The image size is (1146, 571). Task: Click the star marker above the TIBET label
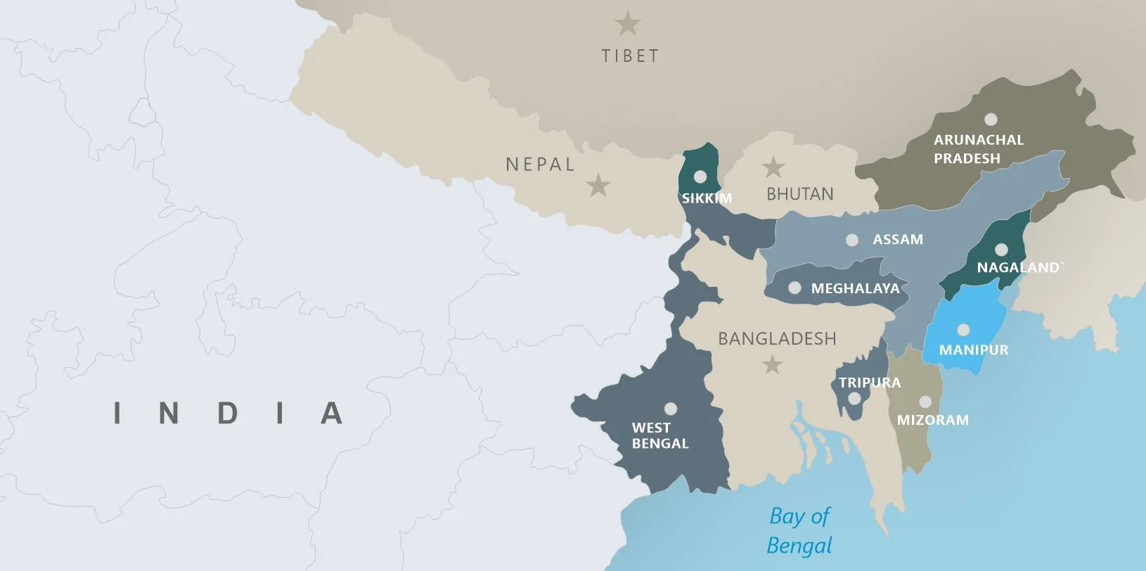click(627, 24)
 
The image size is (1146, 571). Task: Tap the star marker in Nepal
click(598, 185)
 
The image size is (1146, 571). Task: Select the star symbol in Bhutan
click(773, 167)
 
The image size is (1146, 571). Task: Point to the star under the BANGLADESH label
click(773, 364)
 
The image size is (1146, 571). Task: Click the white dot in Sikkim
click(700, 177)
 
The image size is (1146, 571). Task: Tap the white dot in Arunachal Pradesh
click(991, 120)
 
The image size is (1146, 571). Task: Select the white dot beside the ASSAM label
click(852, 240)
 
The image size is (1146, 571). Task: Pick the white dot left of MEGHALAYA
click(794, 288)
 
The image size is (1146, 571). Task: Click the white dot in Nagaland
click(1000, 250)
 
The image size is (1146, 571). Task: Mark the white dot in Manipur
click(963, 330)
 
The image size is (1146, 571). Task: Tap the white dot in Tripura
click(854, 399)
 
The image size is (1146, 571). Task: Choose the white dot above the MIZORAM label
click(925, 402)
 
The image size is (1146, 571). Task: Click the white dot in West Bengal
click(671, 409)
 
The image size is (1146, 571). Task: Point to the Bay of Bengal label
click(799, 530)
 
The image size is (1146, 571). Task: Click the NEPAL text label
click(540, 165)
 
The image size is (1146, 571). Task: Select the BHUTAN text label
click(799, 194)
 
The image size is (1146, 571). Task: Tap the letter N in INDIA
click(169, 413)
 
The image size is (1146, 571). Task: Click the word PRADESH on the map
click(967, 159)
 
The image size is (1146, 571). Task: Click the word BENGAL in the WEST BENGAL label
click(660, 444)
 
